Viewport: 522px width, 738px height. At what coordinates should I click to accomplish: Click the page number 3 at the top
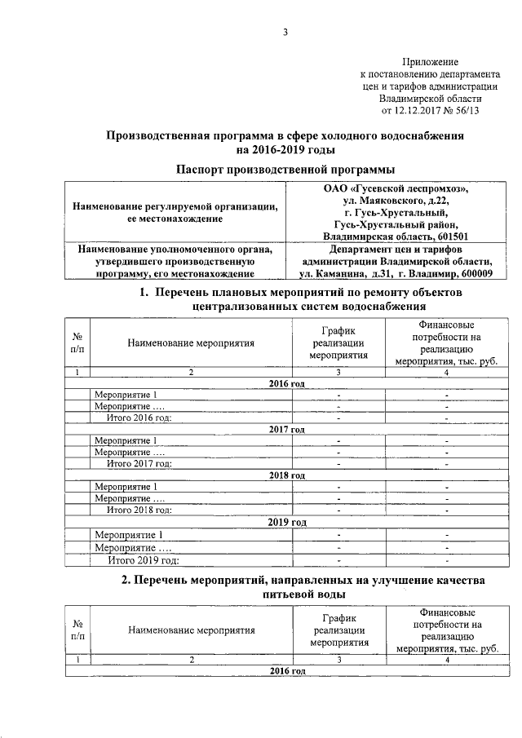click(285, 33)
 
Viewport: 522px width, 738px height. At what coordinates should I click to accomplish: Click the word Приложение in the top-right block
click(431, 62)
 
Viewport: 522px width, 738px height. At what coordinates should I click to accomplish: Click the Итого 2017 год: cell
click(139, 463)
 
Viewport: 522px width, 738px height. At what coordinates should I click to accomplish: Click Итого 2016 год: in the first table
click(139, 418)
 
